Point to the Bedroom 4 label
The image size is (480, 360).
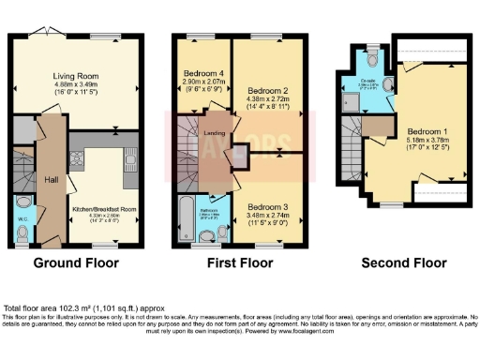point(204,74)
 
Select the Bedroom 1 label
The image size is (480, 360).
point(427,131)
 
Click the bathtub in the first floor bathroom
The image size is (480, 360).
point(185,219)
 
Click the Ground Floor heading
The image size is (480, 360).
point(74,263)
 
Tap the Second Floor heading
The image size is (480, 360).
point(404,263)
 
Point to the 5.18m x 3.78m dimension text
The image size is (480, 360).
point(427,141)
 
